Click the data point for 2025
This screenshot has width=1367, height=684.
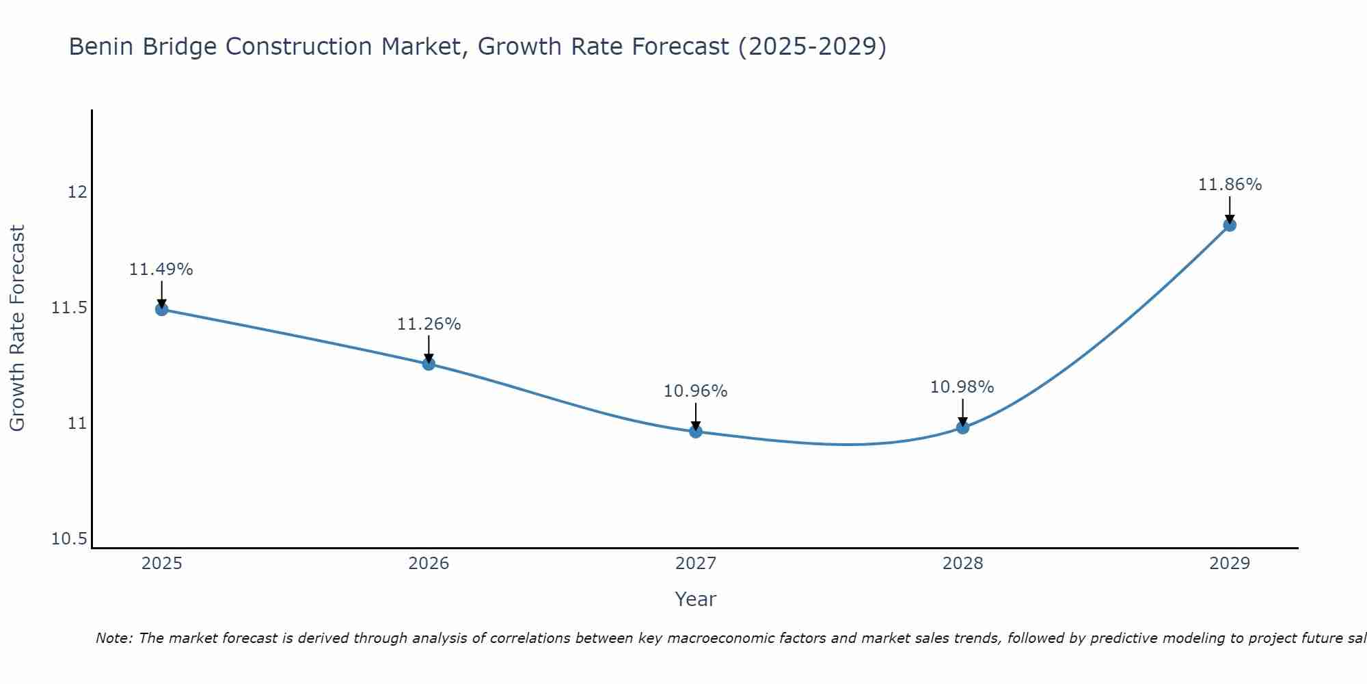tap(161, 309)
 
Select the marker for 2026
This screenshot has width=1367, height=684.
tap(429, 364)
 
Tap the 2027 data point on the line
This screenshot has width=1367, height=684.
tap(696, 432)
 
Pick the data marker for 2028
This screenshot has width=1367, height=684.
tap(962, 428)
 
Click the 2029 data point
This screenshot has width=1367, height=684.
tap(1230, 225)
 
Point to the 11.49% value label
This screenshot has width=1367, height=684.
tap(161, 269)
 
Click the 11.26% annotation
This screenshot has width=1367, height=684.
tap(429, 324)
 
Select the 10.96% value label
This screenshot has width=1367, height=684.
tap(696, 391)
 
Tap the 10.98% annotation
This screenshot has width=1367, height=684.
tap(962, 387)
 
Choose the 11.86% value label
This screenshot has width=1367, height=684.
tap(1230, 185)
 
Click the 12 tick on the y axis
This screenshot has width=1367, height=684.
tap(77, 192)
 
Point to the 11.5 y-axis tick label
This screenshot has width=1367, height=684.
tap(70, 308)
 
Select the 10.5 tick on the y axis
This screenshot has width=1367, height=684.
tap(70, 539)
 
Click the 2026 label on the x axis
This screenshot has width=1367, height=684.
tap(429, 564)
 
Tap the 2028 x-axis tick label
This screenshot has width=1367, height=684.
tap(962, 564)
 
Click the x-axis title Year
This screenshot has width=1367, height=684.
tap(695, 599)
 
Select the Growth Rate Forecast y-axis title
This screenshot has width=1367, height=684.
tap(17, 328)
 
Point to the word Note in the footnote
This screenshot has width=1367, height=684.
tap(114, 638)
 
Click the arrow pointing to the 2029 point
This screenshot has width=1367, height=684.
tap(1230, 209)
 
